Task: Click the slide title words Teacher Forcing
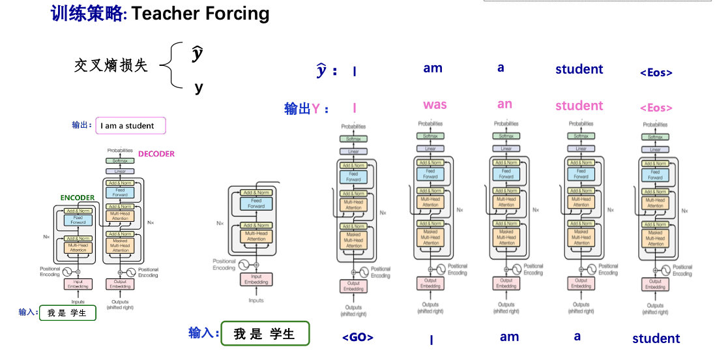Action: pos(200,14)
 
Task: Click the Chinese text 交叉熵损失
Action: pos(111,65)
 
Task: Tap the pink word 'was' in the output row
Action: pos(435,104)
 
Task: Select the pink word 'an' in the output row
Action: pos(504,104)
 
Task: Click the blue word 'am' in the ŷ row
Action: pos(433,68)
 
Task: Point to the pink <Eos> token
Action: pos(656,108)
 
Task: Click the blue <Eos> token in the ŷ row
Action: pos(656,72)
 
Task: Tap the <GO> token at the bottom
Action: pos(358,337)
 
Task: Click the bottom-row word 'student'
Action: pos(656,338)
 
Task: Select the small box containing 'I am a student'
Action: pos(130,126)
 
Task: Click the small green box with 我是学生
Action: pos(67,313)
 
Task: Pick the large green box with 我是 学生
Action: pos(265,334)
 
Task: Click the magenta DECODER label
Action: pos(156,154)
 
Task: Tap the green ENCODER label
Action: pos(78,198)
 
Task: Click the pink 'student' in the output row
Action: pos(579,106)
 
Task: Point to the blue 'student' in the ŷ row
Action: pos(579,69)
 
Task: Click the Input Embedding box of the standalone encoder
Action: pos(256,279)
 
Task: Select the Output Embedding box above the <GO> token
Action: pos(354,286)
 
